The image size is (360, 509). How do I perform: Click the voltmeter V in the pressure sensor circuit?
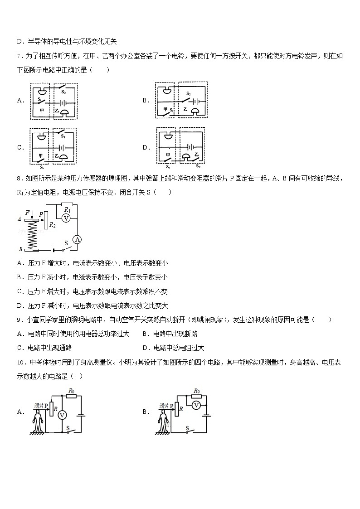click(x=66, y=218)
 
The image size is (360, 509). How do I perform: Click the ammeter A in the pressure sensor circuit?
click(x=77, y=239)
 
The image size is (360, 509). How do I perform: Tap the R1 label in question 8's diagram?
click(x=68, y=209)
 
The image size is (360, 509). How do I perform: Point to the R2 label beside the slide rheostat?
click(x=52, y=224)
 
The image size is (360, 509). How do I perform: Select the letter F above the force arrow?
click(x=28, y=212)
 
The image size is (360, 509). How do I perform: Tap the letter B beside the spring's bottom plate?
click(x=20, y=249)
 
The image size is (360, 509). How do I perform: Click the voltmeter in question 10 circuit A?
click(x=64, y=414)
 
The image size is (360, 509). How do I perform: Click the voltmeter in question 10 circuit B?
click(x=196, y=405)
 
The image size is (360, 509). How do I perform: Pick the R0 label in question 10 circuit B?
click(x=197, y=391)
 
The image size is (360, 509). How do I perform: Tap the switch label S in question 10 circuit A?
click(x=68, y=427)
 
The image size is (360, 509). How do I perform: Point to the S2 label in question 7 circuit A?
click(x=63, y=92)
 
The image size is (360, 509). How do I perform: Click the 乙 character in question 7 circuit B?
click(x=185, y=110)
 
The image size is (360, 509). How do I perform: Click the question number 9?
click(x=19, y=320)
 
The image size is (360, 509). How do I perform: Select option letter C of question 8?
click(x=19, y=291)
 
